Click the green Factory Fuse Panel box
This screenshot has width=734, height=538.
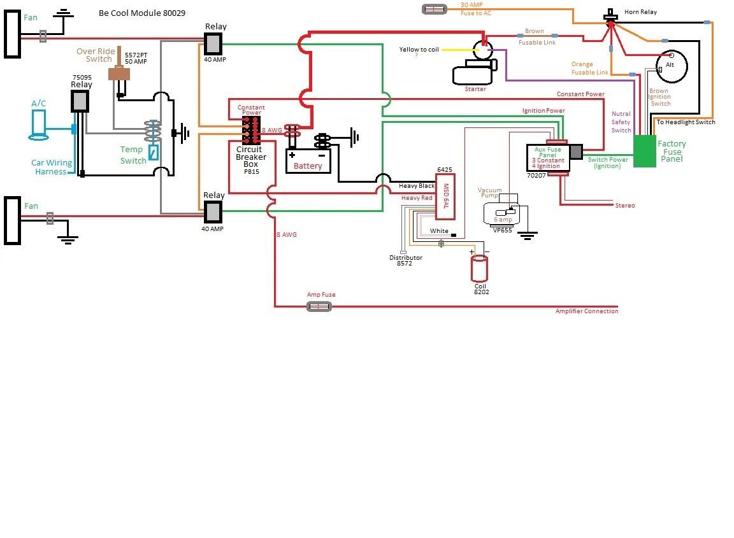point(644,152)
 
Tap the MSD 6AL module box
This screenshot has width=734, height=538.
point(445,192)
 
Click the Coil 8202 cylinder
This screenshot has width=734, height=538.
point(479,269)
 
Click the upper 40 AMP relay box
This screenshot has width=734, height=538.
point(213,43)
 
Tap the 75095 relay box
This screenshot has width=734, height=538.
point(80,101)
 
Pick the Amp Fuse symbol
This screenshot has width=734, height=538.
point(319,307)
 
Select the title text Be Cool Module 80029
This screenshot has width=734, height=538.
point(142,13)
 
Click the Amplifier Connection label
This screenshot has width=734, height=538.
point(586,311)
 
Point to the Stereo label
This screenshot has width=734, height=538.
point(624,206)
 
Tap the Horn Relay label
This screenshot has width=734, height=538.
point(640,12)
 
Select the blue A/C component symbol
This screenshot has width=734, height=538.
point(40,125)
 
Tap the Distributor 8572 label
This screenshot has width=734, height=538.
point(406,261)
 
